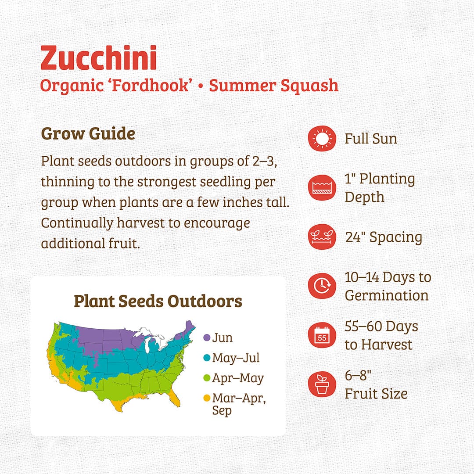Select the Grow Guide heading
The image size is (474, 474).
88,133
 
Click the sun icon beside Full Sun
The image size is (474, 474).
322,139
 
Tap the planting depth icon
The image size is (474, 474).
322,188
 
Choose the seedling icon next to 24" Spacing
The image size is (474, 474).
322,237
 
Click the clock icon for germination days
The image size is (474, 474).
322,286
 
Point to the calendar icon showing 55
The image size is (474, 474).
322,335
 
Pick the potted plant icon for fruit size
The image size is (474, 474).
322,384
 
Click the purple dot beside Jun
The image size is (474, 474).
207,338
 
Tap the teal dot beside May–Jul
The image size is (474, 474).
207,358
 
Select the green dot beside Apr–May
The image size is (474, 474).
207,378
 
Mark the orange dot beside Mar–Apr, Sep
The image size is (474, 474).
207,399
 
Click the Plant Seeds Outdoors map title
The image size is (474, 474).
158,301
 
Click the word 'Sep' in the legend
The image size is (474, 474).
222,412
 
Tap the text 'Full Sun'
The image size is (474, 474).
371,139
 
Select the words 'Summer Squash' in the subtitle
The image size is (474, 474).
274,85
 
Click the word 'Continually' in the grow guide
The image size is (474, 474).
77,223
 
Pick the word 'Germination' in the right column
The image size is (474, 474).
387,295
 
